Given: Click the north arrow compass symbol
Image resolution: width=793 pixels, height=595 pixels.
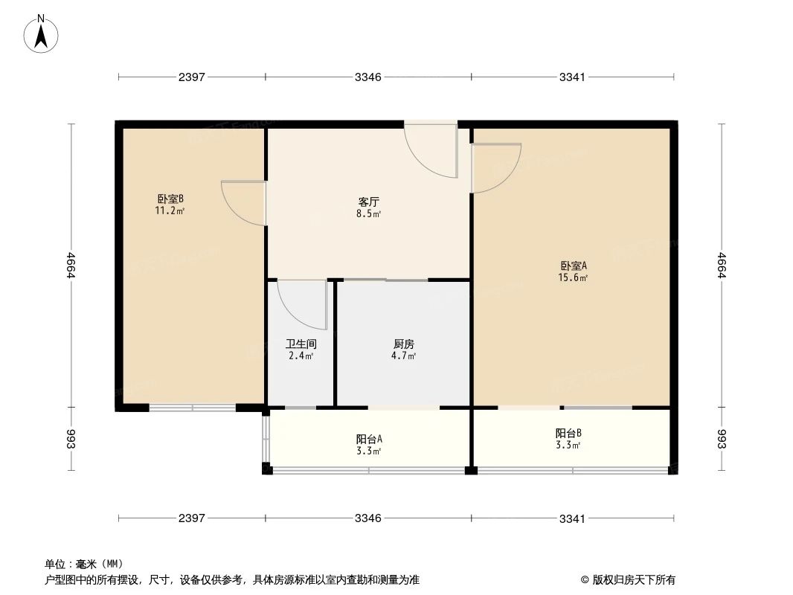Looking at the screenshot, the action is coord(41,34).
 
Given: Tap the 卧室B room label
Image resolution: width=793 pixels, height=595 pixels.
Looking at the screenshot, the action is coord(170,199).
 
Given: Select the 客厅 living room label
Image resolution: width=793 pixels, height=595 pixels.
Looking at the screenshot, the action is coord(369,202).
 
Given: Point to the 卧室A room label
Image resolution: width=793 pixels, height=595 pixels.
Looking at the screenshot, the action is coord(573,266).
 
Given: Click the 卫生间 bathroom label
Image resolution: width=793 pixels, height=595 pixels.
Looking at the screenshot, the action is coord(301,344).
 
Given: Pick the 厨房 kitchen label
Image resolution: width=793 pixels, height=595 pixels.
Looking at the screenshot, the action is coord(404,344).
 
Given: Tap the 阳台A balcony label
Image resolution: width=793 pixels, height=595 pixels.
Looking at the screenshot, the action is coord(369,440).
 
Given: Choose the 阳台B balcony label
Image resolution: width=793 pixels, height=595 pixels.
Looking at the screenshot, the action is coord(568,433).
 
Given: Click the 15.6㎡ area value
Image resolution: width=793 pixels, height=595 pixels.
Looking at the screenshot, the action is coord(573,277).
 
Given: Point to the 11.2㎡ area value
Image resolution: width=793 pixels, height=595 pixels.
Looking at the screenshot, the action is coord(170,210).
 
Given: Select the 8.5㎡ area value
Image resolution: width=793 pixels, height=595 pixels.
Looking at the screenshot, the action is coord(369,214).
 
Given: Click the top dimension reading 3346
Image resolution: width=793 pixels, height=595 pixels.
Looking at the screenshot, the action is coord(367,77).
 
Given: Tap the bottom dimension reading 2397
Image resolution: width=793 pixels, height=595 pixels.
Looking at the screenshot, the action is coord(192,518).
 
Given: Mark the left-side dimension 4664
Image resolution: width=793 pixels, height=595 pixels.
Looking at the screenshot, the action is coord(70,265).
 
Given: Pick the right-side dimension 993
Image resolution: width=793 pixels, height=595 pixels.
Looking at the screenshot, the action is coord(722,439).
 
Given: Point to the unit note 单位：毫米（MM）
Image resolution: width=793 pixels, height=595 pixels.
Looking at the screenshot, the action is coord(84,564).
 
